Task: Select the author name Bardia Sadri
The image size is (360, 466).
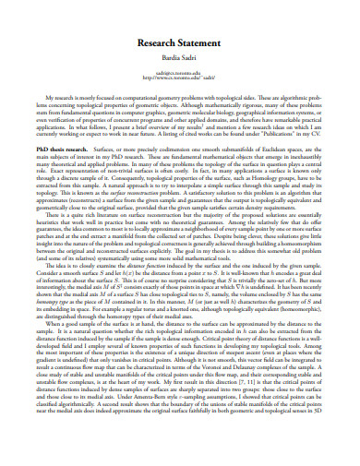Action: tap(180, 57)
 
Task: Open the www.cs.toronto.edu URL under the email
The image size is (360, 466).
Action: tap(180, 78)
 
